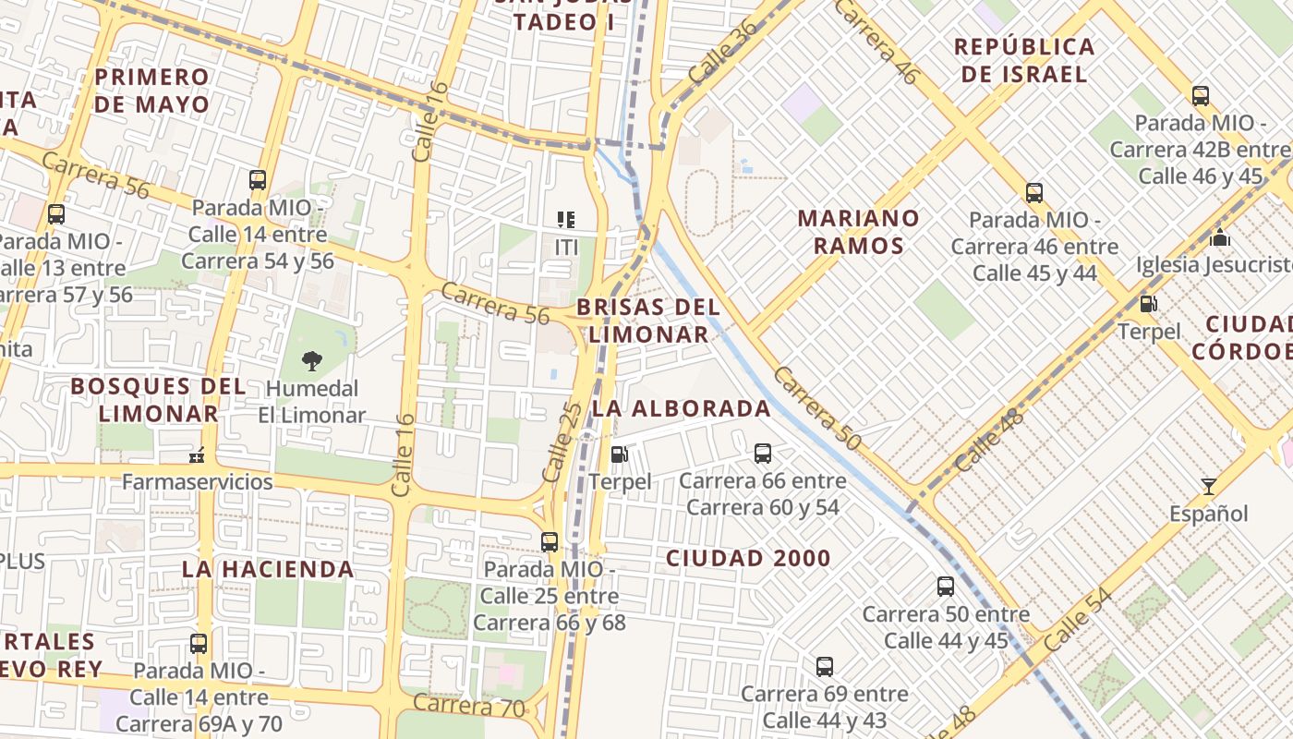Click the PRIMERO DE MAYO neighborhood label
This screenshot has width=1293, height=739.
tap(152, 91)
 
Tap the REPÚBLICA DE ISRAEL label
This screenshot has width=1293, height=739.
tap(1024, 60)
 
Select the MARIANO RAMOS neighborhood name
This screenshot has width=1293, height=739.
tap(859, 232)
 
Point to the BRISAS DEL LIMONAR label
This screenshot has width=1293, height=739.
tap(648, 321)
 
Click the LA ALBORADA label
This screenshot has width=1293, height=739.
tap(682, 408)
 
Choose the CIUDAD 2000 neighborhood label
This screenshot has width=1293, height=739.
tap(748, 558)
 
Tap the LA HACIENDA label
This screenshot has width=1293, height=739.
tap(268, 569)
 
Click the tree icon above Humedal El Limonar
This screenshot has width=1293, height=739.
tap(312, 361)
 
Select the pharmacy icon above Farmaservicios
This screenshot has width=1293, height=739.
tap(197, 454)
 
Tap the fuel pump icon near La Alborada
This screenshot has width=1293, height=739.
tap(620, 454)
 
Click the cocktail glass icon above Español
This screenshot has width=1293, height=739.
tap(1208, 486)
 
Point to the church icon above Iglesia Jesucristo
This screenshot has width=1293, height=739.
tap(1220, 238)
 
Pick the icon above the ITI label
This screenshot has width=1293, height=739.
tap(566, 220)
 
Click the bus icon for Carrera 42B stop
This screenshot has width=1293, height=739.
tap(1200, 95)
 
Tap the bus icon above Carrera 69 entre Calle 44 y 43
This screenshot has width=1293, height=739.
tap(825, 666)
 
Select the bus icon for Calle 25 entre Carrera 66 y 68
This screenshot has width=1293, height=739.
tap(550, 541)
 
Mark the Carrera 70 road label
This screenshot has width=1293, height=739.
tap(468, 707)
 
